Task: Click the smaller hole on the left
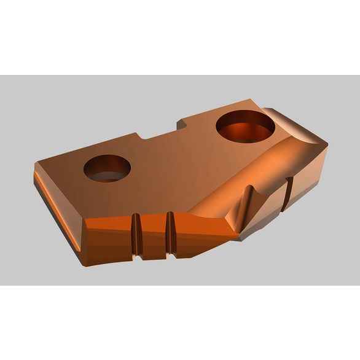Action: [x=108, y=168]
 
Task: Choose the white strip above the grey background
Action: [x=180, y=37]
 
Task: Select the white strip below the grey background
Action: [x=180, y=323]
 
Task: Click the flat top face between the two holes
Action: [x=175, y=160]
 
